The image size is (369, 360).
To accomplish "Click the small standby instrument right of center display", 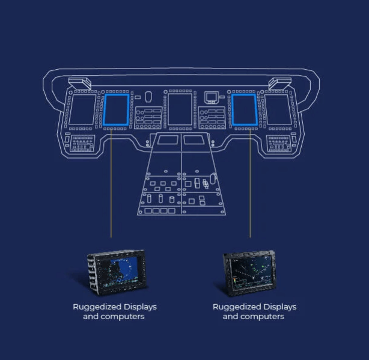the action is point(211,97).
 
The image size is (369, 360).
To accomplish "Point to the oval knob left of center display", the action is point(148,97).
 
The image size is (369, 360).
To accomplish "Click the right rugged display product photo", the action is point(249,272).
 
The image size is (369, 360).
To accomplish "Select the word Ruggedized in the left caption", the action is point(97,307).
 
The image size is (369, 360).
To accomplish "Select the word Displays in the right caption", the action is point(280,307).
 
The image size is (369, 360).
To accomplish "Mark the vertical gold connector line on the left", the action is point(111,183).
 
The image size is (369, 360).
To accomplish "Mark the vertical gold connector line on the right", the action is point(250,183).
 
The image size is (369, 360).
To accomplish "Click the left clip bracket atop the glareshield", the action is point(79,83).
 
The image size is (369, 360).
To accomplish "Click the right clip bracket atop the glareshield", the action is point(280,83).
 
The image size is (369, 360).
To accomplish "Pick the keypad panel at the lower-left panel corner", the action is point(82,143).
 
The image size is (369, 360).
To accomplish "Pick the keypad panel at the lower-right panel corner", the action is point(278,143).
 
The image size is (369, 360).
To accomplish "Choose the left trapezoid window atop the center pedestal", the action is point(168,140).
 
